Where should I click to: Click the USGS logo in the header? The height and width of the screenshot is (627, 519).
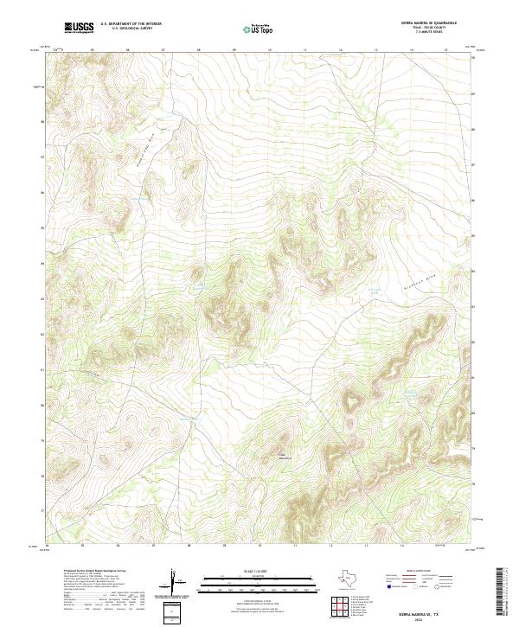[x=79, y=28]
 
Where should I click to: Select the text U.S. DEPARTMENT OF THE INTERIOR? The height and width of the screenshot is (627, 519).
[x=131, y=24]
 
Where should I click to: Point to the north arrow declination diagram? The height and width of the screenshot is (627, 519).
[x=174, y=580]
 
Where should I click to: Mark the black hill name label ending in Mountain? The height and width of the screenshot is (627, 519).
[x=282, y=457]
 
